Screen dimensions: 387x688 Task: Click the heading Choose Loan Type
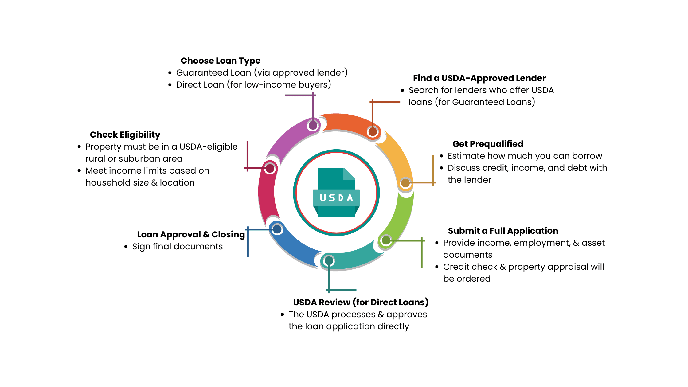(x=220, y=61)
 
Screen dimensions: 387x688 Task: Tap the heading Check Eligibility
(x=125, y=135)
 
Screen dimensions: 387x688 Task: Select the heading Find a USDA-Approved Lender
(x=479, y=78)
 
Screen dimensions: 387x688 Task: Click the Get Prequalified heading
(x=488, y=144)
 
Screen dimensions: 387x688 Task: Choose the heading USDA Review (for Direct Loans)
(x=361, y=303)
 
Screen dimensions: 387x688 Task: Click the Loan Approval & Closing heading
(x=191, y=235)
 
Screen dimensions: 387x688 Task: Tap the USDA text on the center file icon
(x=336, y=198)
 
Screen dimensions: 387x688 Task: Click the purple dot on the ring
(x=313, y=125)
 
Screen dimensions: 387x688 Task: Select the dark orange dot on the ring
(x=373, y=132)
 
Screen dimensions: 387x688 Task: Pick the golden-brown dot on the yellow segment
(x=405, y=183)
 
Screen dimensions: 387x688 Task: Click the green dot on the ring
(x=386, y=240)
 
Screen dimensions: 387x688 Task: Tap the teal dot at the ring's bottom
(x=329, y=261)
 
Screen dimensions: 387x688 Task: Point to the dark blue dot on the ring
(x=277, y=229)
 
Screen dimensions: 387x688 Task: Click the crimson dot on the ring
(x=270, y=168)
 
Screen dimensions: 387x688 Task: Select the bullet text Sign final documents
(x=177, y=247)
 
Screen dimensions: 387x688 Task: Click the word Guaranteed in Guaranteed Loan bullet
(x=198, y=73)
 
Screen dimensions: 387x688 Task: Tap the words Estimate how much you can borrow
(x=525, y=156)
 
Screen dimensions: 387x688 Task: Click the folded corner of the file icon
(x=350, y=174)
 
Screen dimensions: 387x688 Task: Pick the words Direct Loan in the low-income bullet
(x=200, y=85)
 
